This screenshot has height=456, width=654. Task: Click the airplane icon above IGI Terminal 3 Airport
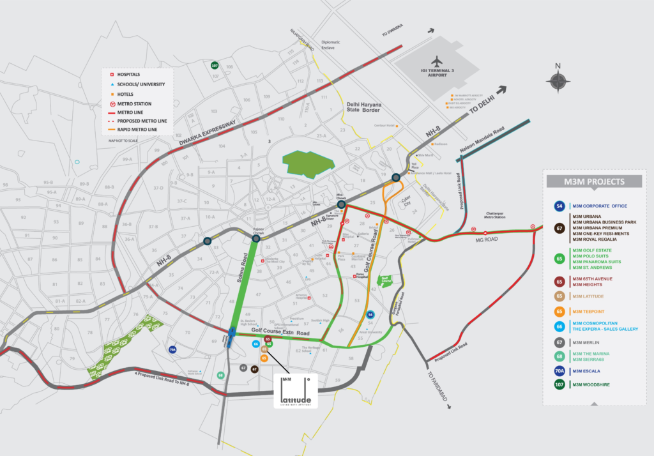tap(437, 61)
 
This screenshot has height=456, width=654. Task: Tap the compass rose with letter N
tap(558, 81)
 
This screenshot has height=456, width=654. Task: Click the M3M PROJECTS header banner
tap(594, 181)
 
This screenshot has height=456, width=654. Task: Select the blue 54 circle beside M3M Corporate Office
tap(559, 206)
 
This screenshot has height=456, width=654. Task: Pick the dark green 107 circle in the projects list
tap(559, 384)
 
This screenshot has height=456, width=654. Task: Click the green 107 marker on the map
tap(215, 65)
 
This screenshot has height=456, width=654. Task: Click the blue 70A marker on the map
tap(172, 350)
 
